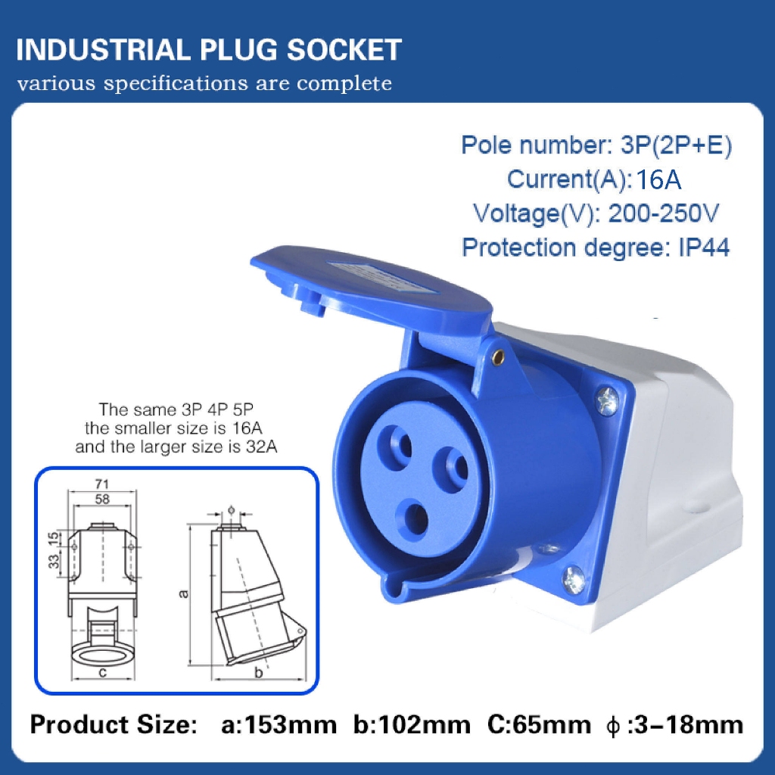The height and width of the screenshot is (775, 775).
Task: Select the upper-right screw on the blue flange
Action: click(606, 400)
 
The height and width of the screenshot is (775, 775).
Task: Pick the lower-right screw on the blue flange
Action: click(574, 580)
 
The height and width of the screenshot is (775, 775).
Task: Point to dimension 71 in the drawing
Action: click(104, 483)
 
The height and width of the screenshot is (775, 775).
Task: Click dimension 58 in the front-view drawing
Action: click(104, 499)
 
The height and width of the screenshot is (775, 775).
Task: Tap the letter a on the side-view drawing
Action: click(183, 593)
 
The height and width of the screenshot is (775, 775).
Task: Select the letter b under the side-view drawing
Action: click(258, 672)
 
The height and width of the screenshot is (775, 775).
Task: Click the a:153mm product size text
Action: click(279, 725)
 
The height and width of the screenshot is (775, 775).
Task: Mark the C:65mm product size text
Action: click(538, 725)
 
